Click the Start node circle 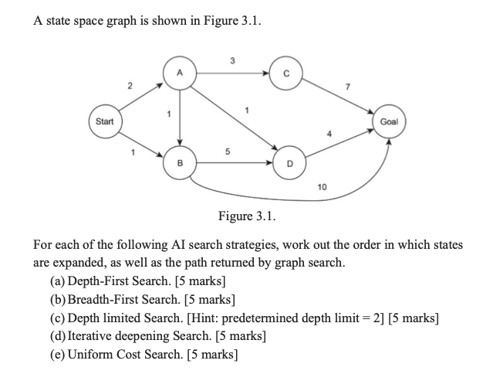coord(103,121)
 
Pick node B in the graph coord(179,163)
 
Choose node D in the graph coord(290,163)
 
